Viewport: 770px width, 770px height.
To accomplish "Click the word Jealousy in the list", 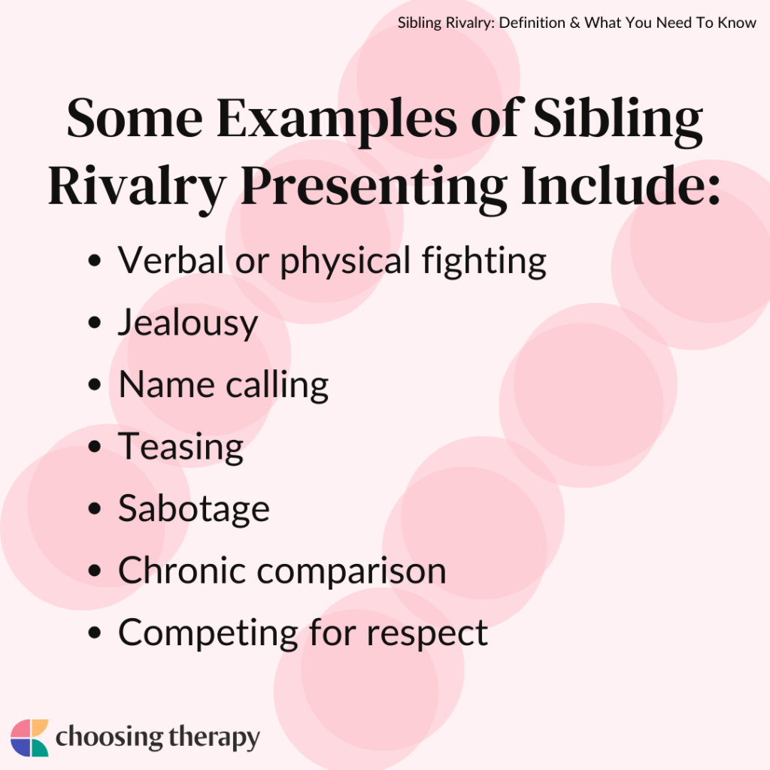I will click(188, 324).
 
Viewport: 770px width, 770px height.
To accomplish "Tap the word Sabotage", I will click(193, 509).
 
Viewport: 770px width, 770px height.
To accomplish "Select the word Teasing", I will click(180, 447).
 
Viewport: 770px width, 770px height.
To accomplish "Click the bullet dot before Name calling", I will click(94, 386).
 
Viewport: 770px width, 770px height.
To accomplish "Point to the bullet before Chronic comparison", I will click(94, 571).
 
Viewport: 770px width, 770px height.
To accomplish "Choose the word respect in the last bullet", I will click(427, 633).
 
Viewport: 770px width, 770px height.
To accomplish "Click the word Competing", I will click(207, 633).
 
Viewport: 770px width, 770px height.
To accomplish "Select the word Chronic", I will click(181, 571).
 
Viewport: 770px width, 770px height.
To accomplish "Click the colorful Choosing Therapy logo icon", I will click(29, 738).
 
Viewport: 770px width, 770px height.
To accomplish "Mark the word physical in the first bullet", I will click(348, 262).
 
